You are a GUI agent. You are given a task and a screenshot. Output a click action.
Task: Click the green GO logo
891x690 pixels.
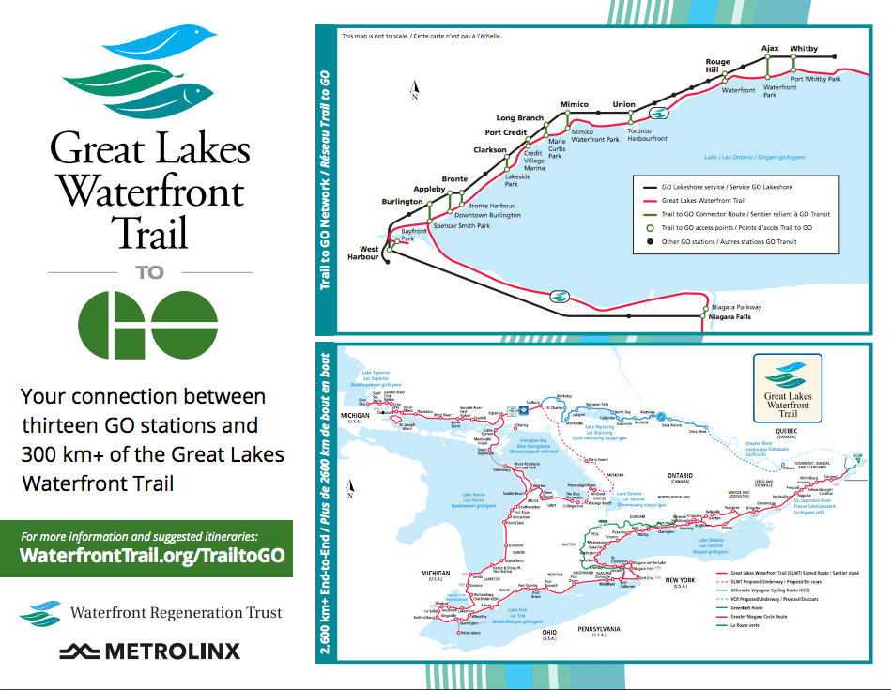coord(149,326)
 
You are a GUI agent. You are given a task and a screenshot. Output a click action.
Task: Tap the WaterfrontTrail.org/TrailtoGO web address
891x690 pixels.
coord(153,555)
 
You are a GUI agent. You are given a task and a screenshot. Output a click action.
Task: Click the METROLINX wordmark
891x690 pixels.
coord(150,651)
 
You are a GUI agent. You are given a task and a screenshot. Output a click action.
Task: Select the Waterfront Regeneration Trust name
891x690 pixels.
coord(176,613)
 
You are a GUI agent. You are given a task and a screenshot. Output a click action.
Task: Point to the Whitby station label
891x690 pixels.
coord(804,49)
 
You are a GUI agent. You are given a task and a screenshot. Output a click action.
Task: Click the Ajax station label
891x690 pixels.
coord(770,49)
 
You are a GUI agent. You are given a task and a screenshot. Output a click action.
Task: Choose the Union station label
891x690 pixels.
coord(623,104)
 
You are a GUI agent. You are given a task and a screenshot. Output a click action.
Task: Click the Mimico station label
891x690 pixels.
coord(574,104)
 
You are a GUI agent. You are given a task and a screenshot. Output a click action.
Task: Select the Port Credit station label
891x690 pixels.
coord(505,132)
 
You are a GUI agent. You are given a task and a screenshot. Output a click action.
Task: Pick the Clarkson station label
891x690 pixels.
coord(489,149)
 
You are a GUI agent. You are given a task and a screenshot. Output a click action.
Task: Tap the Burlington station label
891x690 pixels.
coord(402,202)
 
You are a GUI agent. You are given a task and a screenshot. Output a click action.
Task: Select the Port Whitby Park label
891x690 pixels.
coord(816,79)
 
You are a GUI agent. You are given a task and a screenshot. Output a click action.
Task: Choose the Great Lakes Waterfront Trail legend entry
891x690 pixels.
coord(703,200)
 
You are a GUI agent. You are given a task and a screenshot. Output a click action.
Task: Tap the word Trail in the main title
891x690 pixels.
coord(149,232)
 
